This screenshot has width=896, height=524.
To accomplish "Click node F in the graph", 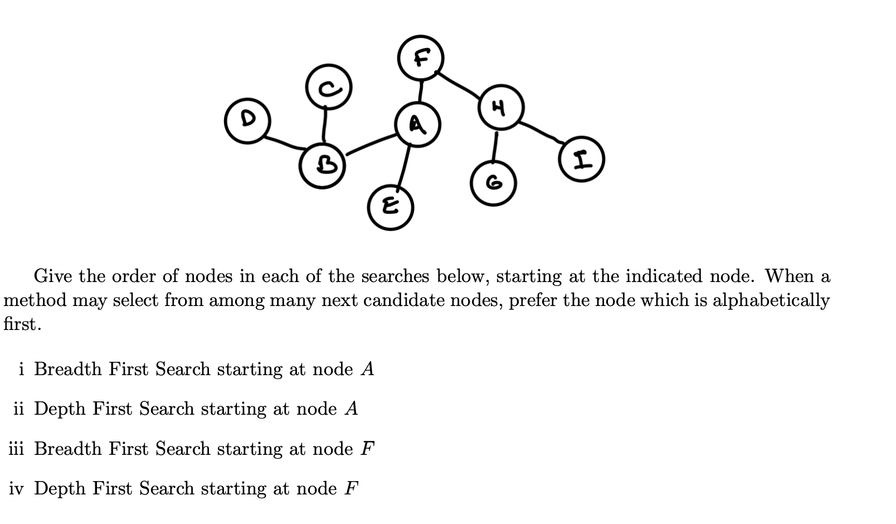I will click(421, 57).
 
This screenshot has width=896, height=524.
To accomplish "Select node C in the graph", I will click(329, 87).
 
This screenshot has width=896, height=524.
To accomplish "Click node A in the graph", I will click(417, 124).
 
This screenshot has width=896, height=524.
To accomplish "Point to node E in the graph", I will click(391, 207).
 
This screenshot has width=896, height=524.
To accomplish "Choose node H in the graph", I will click(500, 108).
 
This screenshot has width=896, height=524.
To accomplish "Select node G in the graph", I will click(493, 183).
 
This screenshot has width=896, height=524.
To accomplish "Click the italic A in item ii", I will click(351, 409).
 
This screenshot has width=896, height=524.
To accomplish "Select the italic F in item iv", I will click(351, 489).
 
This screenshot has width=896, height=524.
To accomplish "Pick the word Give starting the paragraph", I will click(53, 276).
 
